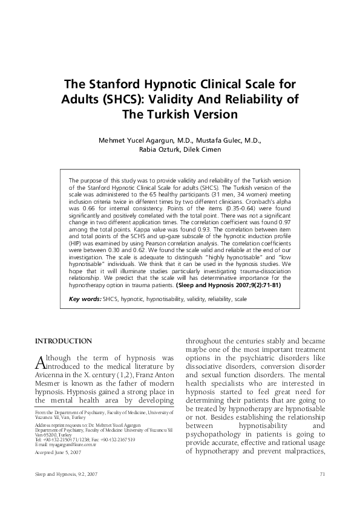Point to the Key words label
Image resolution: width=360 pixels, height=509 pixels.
[85, 299]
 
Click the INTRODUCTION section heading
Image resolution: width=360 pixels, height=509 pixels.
[64, 342]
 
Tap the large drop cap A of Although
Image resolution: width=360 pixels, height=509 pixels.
[41, 361]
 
